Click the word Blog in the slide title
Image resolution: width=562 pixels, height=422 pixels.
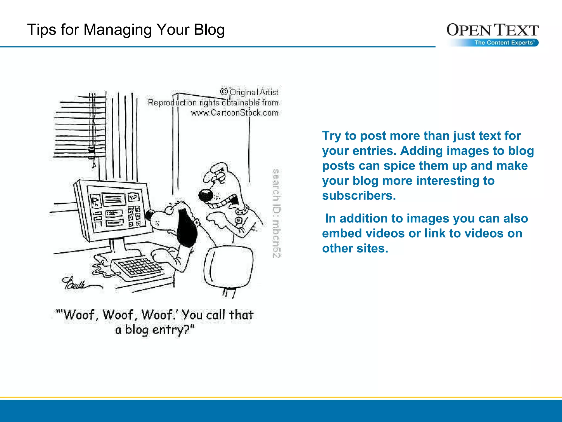(x=209, y=30)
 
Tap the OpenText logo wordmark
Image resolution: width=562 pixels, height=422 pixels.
(x=492, y=30)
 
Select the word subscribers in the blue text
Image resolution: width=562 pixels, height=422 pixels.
(x=359, y=196)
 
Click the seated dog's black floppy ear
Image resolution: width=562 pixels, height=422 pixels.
(x=187, y=228)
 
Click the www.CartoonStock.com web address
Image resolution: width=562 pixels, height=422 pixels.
(x=235, y=113)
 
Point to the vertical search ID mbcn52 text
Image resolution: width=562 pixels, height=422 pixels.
(x=276, y=213)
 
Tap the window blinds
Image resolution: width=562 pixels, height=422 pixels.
(x=80, y=126)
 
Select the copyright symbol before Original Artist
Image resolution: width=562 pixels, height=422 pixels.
(x=224, y=91)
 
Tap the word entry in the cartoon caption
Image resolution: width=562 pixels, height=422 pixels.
(x=167, y=330)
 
